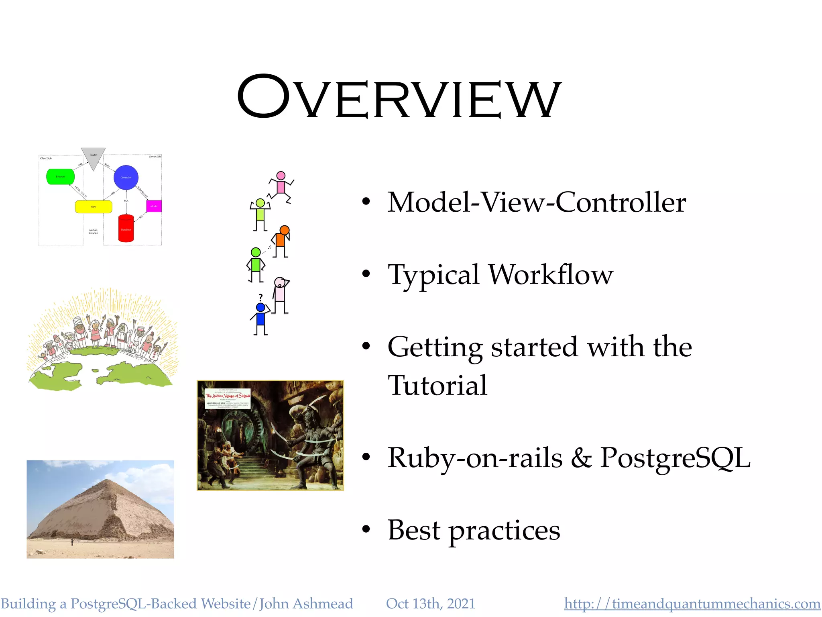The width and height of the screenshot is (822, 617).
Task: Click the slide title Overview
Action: [399, 98]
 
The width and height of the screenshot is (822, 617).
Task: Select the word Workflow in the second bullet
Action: [551, 275]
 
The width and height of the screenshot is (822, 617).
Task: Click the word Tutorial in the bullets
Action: [437, 385]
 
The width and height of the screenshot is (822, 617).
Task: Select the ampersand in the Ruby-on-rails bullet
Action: [581, 458]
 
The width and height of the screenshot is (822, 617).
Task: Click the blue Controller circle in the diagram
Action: [126, 177]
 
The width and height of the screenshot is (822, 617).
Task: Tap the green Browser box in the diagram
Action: [60, 177]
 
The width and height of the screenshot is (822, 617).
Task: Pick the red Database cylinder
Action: [126, 229]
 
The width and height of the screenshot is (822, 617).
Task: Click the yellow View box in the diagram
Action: [94, 206]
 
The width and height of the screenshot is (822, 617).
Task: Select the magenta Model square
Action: [154, 206]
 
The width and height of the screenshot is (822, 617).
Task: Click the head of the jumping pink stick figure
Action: [281, 176]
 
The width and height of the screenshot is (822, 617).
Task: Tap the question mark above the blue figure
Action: [260, 297]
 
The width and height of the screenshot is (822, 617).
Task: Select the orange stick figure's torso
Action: [280, 240]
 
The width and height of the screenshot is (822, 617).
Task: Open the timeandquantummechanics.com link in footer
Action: [692, 603]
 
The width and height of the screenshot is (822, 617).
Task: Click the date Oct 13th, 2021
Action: [430, 603]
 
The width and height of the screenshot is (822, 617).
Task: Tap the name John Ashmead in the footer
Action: [306, 603]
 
